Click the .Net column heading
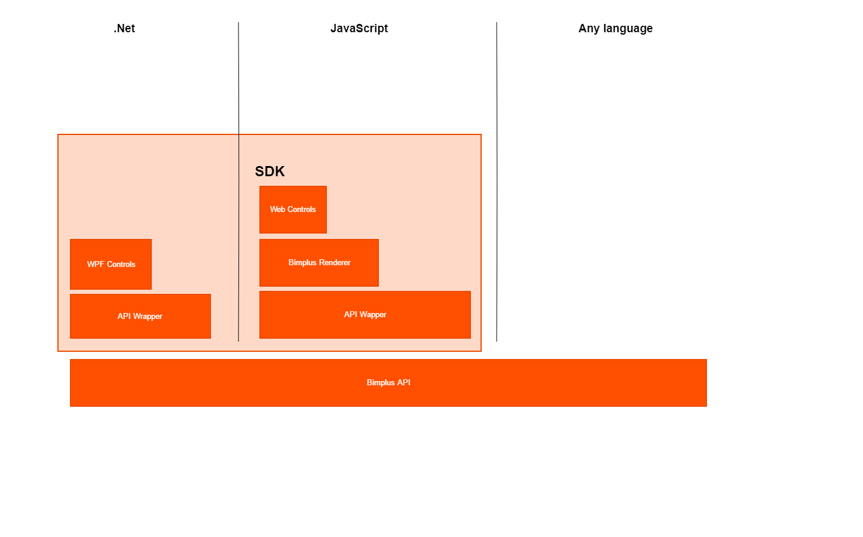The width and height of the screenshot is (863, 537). coord(124,29)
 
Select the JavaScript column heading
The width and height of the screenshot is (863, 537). coord(359,29)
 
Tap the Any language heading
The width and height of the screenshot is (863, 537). coord(615,29)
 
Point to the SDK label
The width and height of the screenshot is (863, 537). coord(270,171)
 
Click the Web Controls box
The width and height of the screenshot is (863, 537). coord(293,210)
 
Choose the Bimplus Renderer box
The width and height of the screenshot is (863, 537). coord(319,263)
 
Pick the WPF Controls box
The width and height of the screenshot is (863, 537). coord(111,264)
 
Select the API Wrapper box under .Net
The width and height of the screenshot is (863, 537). coord(140,316)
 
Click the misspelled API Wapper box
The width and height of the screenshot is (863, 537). coord(365,315)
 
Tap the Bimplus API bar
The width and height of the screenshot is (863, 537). coord(388,383)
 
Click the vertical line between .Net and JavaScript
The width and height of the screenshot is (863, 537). coord(238,182)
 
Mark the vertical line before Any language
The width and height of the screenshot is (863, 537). coord(497,182)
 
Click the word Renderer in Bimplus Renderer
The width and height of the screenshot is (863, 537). coord(335,263)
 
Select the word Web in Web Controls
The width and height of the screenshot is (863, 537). coord(277,210)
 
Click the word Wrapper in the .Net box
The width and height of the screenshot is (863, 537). coord(148,317)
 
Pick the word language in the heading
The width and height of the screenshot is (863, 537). coord(628,29)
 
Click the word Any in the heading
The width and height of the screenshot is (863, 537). coord(589,29)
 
